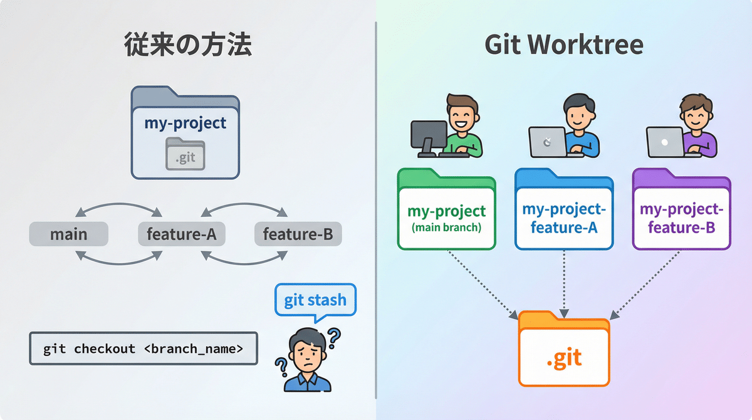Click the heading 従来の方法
coord(187,46)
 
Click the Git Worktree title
coord(564,46)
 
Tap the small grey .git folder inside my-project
coord(185,154)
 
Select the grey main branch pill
coord(69,234)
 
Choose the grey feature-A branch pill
coord(181,234)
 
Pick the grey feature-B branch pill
coord(298,234)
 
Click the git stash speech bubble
coord(315,300)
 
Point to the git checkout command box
coord(144,349)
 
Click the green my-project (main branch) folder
coord(446,213)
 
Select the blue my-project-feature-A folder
coord(563,213)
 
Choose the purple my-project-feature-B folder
coord(681,213)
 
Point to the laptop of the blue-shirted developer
coord(547,142)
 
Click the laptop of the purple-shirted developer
coord(665,142)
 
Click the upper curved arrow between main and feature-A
coord(119,209)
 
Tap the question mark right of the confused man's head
coord(334,339)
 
